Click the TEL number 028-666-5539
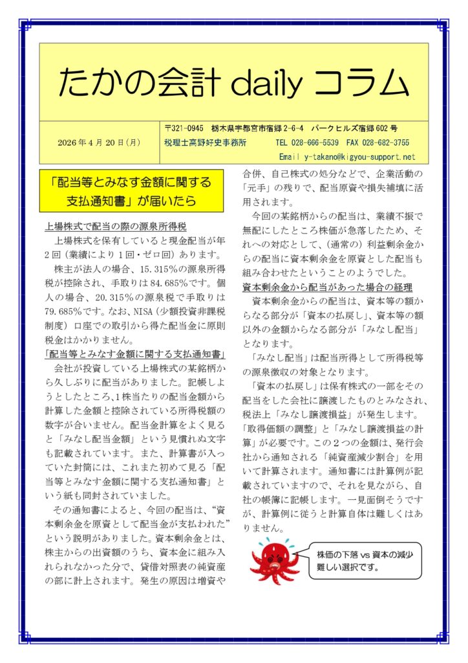[x=317, y=142]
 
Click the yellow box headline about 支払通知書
[x=131, y=191]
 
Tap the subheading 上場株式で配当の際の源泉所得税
[x=116, y=227]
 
